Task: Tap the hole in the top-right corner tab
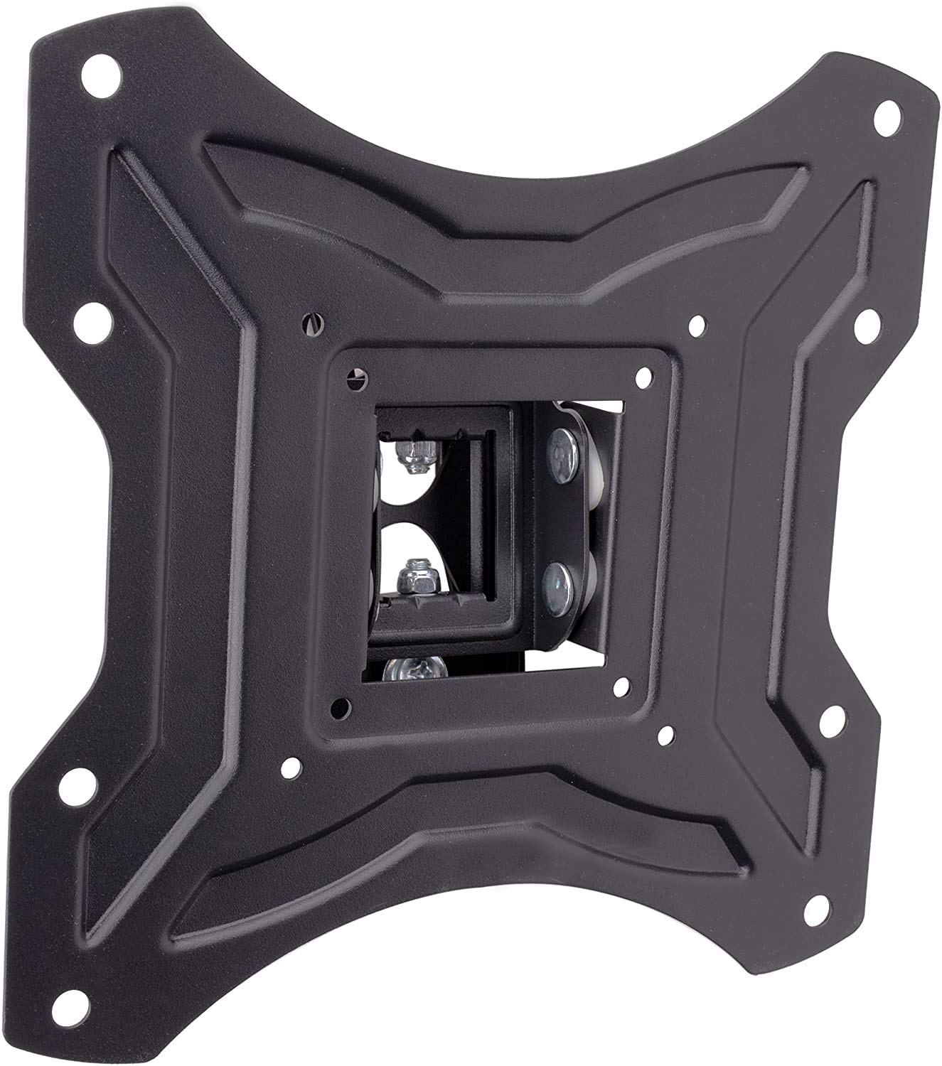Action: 884,114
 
